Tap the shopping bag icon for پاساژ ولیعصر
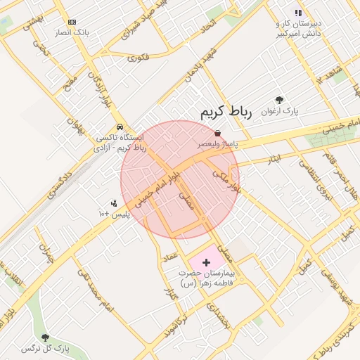point(217,133)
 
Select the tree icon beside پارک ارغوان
point(279,101)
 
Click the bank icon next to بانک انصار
point(72,22)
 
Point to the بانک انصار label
point(72,33)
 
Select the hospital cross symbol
point(205,262)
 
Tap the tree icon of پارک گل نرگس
point(46,338)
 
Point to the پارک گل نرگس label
point(46,349)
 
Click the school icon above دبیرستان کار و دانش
point(298,13)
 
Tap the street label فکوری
point(138,57)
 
